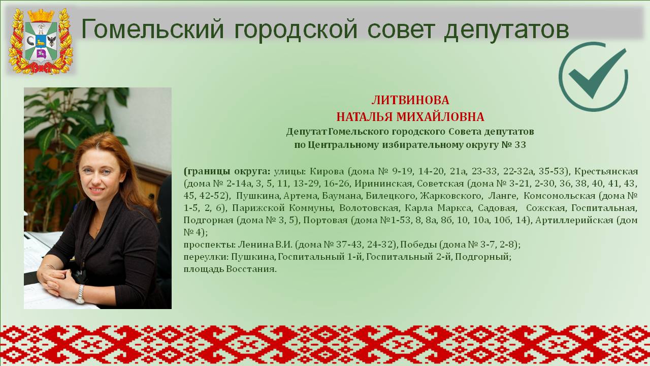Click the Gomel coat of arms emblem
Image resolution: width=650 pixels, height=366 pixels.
pos(41,41)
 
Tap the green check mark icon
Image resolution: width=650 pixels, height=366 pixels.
pos(593,76)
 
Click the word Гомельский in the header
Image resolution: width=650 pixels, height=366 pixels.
pos(153,29)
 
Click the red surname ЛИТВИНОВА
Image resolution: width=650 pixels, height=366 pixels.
pos(410,100)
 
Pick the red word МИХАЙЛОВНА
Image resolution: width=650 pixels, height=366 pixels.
pos(440,117)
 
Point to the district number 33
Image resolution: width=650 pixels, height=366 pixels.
pos(521,145)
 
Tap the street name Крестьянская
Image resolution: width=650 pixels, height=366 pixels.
pos(606,171)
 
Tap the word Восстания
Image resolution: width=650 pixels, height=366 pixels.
pos(251,269)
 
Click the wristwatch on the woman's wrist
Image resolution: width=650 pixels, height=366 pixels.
pos(80,294)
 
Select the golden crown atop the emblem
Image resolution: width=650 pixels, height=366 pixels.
pos(41,15)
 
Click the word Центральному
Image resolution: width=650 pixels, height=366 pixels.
pos(343,145)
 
